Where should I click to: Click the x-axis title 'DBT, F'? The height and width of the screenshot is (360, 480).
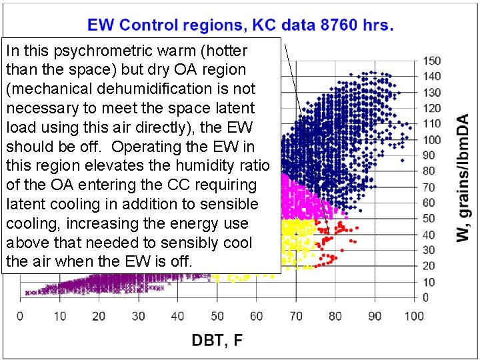coord(217,341)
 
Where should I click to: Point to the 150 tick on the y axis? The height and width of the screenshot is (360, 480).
coord(432,61)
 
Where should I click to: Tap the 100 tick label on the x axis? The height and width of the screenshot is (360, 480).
coord(414,315)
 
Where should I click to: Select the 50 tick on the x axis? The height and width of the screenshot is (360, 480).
coord(217,315)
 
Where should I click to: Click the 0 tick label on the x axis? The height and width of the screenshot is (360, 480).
coord(20,315)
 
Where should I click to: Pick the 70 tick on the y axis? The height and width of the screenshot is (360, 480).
coord(430,187)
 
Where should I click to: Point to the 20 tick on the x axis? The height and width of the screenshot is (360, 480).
coord(99,315)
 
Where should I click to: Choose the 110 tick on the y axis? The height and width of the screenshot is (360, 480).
coord(432,124)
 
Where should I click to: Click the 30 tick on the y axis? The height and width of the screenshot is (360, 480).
coord(430,250)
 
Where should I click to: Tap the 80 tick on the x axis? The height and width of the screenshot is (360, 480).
coord(335,315)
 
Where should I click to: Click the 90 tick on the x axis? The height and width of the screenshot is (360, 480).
coord(375,315)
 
